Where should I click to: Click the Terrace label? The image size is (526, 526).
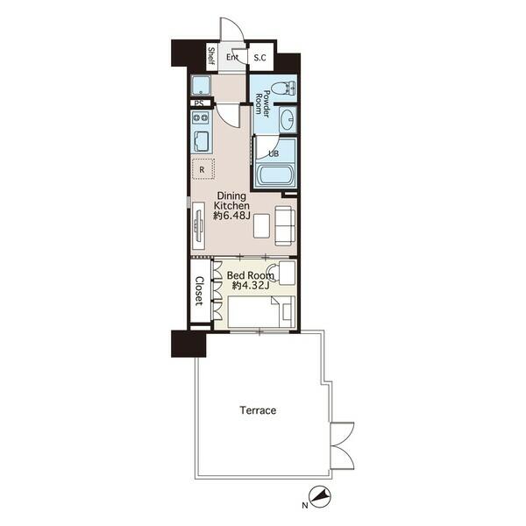click(x=258, y=410)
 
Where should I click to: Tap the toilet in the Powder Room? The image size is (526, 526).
click(x=283, y=89)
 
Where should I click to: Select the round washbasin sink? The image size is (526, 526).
click(x=288, y=120)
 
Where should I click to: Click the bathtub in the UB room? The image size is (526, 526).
click(x=274, y=174)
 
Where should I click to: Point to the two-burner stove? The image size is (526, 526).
click(x=200, y=117)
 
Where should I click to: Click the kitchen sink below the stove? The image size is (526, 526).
click(x=201, y=142)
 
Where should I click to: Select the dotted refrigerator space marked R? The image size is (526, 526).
click(x=203, y=169)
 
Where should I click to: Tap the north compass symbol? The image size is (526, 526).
click(x=320, y=496)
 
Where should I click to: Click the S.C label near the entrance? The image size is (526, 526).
click(x=259, y=58)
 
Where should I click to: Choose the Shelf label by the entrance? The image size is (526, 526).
click(x=211, y=56)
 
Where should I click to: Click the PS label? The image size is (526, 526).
click(x=199, y=103)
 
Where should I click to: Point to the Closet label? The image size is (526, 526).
click(x=199, y=291)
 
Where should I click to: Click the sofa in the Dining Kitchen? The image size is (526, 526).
click(x=286, y=225)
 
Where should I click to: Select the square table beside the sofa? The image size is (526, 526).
click(x=261, y=226)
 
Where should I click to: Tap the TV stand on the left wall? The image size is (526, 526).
click(x=198, y=226)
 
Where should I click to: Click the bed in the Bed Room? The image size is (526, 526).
click(x=261, y=312)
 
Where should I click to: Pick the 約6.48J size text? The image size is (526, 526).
click(x=231, y=216)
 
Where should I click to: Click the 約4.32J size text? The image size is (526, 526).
click(x=251, y=286)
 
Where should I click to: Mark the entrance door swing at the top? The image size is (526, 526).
click(x=231, y=30)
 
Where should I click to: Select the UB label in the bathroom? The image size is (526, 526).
click(x=274, y=153)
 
